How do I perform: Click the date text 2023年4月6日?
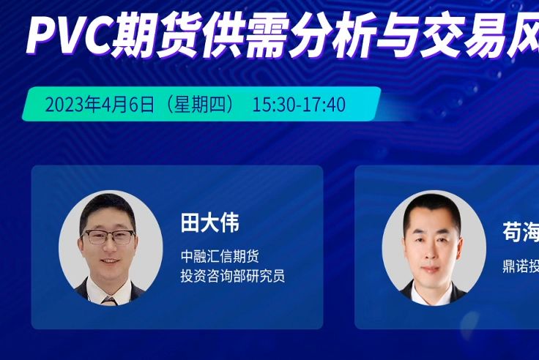click(100, 105)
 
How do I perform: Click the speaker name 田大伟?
click(210, 223)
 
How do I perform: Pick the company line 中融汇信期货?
click(220, 257)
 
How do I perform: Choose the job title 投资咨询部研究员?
click(233, 276)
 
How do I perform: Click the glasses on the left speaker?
click(109, 236)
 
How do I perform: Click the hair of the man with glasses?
click(107, 207)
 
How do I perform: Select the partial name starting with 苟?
click(520, 233)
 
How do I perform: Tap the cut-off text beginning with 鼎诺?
click(520, 265)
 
